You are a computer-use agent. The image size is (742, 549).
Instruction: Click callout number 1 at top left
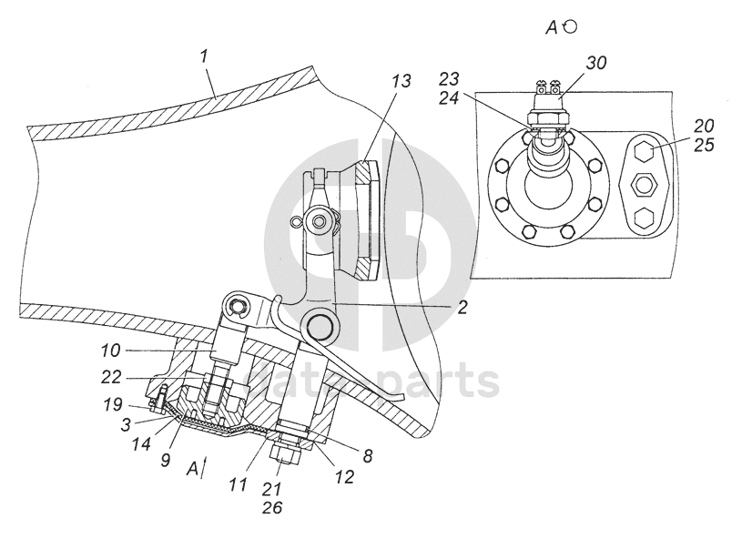(205, 56)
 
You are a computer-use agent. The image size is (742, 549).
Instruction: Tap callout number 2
(462, 308)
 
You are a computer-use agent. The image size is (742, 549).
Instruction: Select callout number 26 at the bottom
(272, 507)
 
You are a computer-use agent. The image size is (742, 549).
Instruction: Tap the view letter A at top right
(552, 28)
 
